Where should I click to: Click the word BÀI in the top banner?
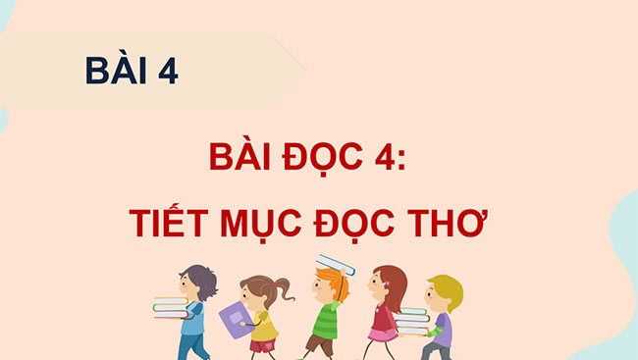pos(116,71)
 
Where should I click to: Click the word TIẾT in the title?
pos(170,225)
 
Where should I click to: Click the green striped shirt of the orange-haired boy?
pos(326,320)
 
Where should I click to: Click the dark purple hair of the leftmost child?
pos(201,281)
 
